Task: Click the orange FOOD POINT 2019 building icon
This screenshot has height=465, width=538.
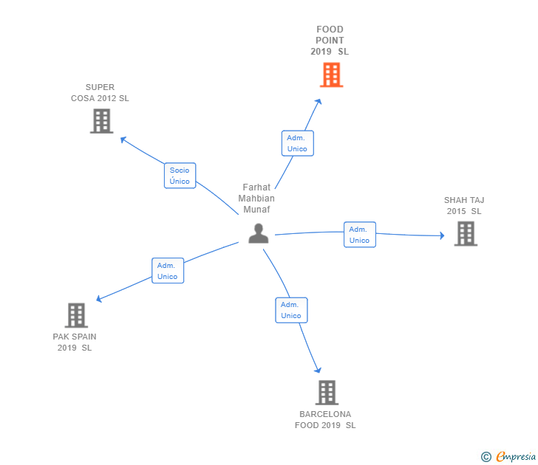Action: pos(331,75)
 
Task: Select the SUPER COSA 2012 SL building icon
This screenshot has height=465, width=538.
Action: pos(101,121)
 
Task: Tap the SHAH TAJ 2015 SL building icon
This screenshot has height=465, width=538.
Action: pos(466,234)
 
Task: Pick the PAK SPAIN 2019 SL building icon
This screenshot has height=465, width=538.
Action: pos(76,315)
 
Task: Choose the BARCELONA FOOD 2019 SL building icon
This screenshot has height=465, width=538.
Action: pos(327,393)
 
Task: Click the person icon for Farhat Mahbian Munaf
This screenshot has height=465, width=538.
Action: pos(259,233)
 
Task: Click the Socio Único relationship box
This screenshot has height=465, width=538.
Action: pos(180,176)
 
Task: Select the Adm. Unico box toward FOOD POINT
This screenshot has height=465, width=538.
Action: pos(298,143)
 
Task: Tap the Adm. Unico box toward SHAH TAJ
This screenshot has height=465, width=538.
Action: pos(360,235)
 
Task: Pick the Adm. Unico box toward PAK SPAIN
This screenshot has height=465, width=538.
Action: pos(168,271)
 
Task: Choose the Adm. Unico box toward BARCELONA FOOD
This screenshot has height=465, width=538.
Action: pos(291,310)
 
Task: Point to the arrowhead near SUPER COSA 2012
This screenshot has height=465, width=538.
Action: pos(123,139)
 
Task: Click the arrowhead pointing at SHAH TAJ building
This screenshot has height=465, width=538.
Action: pos(442,235)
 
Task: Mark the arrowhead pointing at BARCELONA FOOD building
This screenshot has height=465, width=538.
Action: pos(318,370)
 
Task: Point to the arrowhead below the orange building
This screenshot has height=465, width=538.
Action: pos(319,102)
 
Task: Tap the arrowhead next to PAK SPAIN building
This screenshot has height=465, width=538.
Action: pos(99,299)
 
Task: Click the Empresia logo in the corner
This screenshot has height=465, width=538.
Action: pos(516,457)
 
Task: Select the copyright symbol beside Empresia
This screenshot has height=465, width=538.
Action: pos(486,457)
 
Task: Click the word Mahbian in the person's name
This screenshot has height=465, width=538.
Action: pos(256,199)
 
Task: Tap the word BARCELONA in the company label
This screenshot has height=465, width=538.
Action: pos(325,414)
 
